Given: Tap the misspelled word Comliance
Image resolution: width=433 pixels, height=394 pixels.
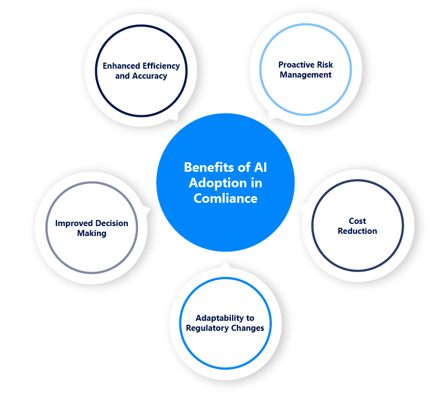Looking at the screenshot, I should tap(225, 198).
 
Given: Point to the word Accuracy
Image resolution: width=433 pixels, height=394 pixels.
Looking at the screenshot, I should tap(150, 76).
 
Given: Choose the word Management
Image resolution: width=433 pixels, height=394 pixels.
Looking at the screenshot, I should tap(306, 75).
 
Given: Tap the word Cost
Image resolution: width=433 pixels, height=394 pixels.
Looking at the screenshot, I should tap(358, 221).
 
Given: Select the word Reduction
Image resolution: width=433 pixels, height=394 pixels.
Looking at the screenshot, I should tap(358, 231).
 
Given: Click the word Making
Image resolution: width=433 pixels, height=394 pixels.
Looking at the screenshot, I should tap(91, 233).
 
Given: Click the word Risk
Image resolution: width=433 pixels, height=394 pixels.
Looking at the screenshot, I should tap(324, 65).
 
